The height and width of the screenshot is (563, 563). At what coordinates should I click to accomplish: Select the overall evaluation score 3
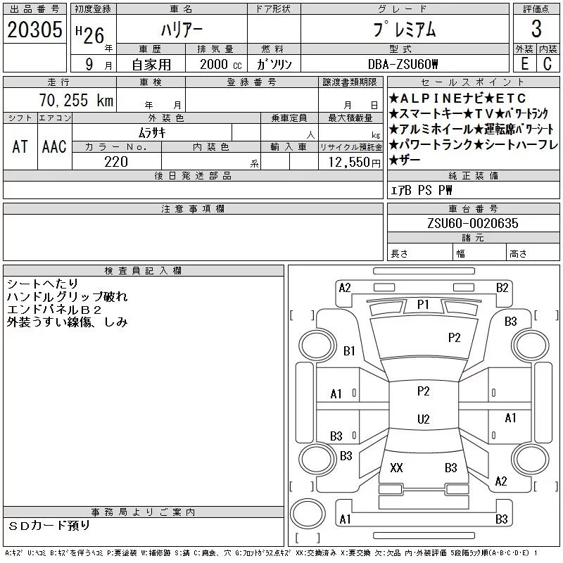coord(536,29)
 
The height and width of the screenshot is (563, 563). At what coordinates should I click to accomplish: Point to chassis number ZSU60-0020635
coord(473,223)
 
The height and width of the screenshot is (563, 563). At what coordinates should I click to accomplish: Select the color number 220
coord(116,162)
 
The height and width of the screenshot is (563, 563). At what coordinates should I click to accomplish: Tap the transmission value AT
coord(20,146)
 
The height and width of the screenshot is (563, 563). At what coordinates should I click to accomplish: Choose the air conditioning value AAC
coord(54,146)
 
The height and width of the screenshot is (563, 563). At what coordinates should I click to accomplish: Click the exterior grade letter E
coord(524,64)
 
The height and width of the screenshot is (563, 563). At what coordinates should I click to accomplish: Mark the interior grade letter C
coord(548,64)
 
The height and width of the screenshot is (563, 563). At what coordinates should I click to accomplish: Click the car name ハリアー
coord(182,29)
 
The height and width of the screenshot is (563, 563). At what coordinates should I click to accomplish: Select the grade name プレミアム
coord(403,29)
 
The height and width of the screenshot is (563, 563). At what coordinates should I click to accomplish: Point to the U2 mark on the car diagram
coord(423,419)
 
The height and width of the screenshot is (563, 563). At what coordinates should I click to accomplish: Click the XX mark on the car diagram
coord(396,467)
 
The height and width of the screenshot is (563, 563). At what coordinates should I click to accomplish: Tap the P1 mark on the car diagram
coord(423,304)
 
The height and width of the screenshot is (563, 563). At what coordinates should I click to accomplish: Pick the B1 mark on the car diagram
coord(350,350)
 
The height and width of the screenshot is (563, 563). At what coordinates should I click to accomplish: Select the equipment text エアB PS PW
coord(422,191)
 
